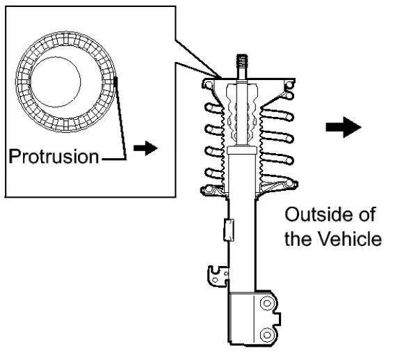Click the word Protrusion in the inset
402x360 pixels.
click(53, 155)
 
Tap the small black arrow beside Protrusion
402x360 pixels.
click(141, 148)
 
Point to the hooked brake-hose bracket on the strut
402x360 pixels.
click(216, 275)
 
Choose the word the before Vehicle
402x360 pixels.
click(300, 239)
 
